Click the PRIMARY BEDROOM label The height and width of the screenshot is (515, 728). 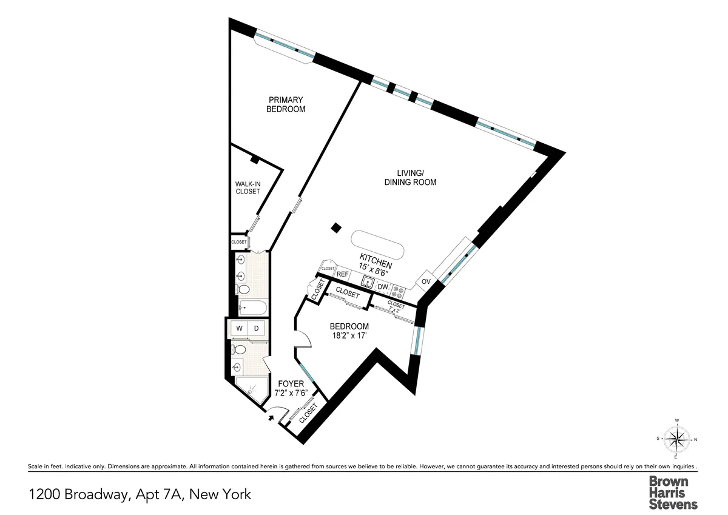[x=286, y=104]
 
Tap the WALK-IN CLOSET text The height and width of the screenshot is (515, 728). [x=248, y=187]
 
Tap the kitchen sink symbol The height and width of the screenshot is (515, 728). [x=367, y=281]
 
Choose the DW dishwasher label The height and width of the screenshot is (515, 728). [x=383, y=287]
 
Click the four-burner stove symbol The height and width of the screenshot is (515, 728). [x=398, y=291]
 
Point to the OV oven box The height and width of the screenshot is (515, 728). [x=426, y=282]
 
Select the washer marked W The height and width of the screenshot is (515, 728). [x=240, y=329]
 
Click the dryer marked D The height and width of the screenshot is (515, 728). [x=256, y=329]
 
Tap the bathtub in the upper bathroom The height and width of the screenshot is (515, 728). [x=250, y=308]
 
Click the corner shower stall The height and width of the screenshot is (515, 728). [x=252, y=389]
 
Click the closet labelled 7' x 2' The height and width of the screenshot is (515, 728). [x=396, y=308]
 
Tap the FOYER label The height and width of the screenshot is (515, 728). [x=291, y=383]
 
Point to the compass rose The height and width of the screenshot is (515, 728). [x=676, y=438]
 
